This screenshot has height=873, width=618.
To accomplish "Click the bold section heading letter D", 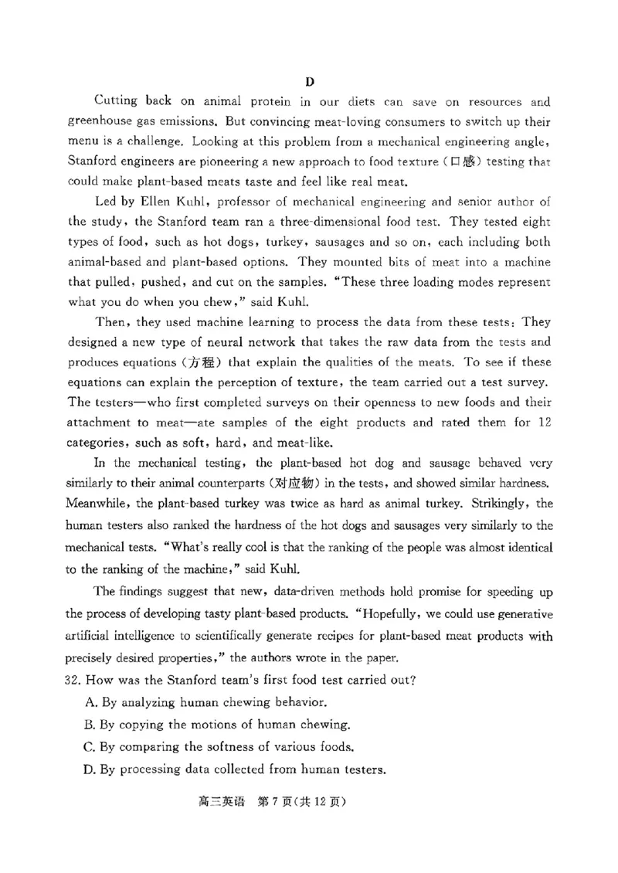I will click(x=310, y=82).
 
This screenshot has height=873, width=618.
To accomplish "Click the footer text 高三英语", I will click(x=213, y=802).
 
